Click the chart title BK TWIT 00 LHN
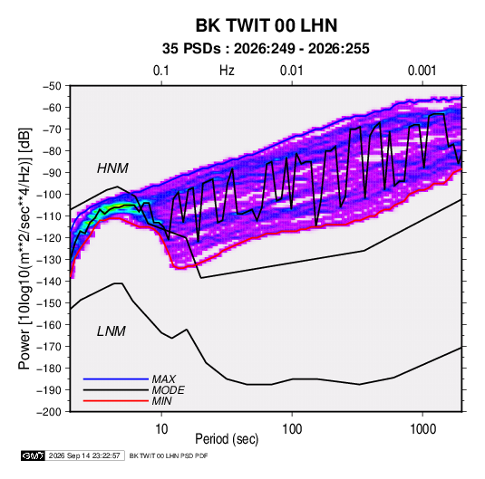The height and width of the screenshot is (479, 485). click(x=267, y=25)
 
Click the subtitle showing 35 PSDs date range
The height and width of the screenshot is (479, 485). click(x=266, y=49)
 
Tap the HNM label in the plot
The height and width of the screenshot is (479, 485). click(x=112, y=168)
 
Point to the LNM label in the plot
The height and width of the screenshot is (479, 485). click(x=112, y=331)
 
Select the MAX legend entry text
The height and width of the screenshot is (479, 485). click(x=163, y=379)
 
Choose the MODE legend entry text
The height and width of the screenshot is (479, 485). click(x=168, y=390)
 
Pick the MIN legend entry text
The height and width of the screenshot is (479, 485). click(x=161, y=401)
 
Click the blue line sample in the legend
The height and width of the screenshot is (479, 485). click(x=116, y=379)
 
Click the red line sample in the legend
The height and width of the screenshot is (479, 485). click(x=116, y=401)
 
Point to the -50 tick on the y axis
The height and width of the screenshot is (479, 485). click(x=52, y=86)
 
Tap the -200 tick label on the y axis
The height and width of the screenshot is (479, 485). click(x=49, y=412)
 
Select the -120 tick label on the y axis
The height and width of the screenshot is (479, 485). click(x=49, y=238)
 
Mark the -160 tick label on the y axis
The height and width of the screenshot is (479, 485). click(x=49, y=325)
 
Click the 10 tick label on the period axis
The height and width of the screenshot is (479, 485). click(x=161, y=429)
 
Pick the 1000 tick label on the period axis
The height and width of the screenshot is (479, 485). click(x=422, y=429)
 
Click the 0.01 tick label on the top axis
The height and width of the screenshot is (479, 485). click(x=291, y=71)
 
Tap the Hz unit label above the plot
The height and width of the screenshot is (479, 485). click(x=227, y=71)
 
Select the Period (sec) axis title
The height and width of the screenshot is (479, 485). click(x=227, y=439)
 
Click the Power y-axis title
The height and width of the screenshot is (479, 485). click(x=24, y=248)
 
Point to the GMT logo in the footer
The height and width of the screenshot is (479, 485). click(x=34, y=455)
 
